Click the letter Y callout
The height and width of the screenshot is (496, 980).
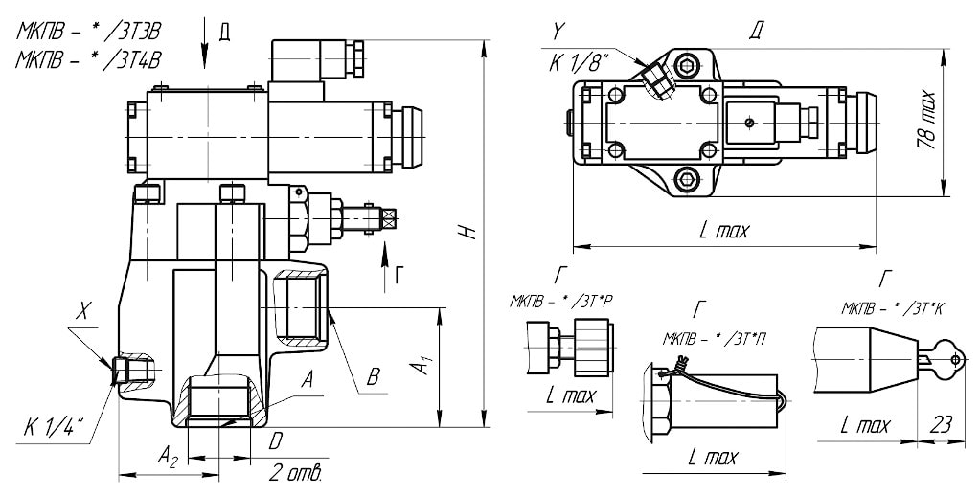[x=558, y=33]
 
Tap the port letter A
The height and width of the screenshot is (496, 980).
[x=307, y=379]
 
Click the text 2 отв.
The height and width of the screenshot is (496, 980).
[x=294, y=473]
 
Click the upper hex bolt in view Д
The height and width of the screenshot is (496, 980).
[x=687, y=66]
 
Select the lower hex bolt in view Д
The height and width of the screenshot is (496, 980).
[x=687, y=177]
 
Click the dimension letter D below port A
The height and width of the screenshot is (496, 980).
[x=276, y=442]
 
